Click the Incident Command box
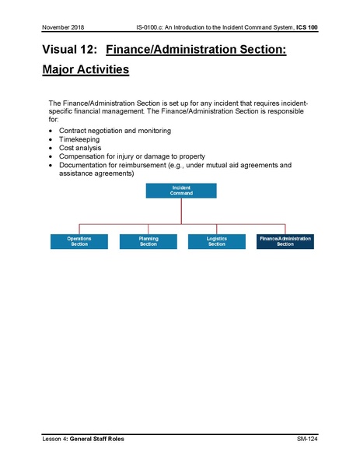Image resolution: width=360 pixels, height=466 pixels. coord(181,191)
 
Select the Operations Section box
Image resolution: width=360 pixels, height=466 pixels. coord(79,241)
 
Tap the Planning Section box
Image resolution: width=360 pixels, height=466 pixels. coord(148,241)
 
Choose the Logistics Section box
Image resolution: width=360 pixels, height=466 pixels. coord(216,241)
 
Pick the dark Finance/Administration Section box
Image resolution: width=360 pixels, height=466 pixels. coord(285,241)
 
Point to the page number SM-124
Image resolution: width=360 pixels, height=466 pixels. coord(307,440)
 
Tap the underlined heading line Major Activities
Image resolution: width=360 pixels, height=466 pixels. coord(86,70)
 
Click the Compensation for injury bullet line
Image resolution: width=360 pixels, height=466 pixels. coord(131,156)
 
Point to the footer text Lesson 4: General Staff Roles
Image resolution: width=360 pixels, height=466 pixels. coord(83,440)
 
